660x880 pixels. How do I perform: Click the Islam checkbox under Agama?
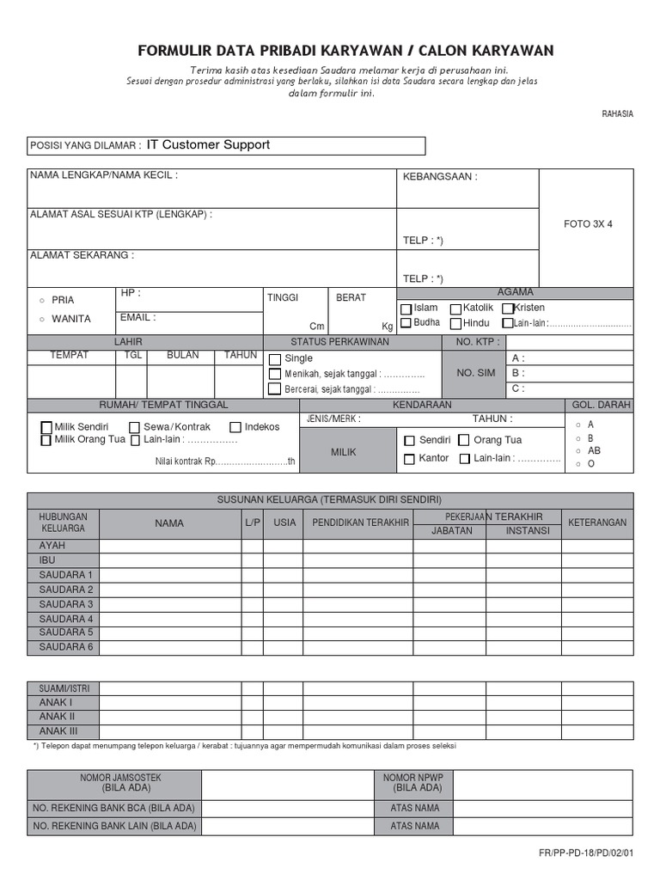(x=406, y=309)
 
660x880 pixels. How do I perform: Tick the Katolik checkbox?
(x=456, y=309)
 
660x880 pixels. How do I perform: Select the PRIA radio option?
(x=42, y=300)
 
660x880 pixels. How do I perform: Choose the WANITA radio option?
(x=42, y=320)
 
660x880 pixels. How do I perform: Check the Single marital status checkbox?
(x=275, y=359)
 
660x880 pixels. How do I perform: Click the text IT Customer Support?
(x=208, y=145)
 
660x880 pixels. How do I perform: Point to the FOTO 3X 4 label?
(x=588, y=223)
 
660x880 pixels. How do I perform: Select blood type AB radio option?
(x=578, y=451)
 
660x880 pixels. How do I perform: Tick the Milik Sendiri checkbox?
(x=47, y=427)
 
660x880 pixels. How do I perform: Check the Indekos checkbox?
(x=235, y=427)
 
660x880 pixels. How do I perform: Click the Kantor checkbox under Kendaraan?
(x=409, y=459)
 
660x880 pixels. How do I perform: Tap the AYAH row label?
(x=52, y=546)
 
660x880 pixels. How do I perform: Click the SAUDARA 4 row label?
(x=65, y=619)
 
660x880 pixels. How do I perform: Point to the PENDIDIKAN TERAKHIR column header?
(x=360, y=522)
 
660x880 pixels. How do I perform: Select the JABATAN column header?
(x=449, y=531)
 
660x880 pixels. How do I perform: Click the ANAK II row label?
(x=58, y=717)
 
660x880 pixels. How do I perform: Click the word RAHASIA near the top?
(x=617, y=114)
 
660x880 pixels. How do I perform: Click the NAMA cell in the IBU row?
(x=169, y=560)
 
